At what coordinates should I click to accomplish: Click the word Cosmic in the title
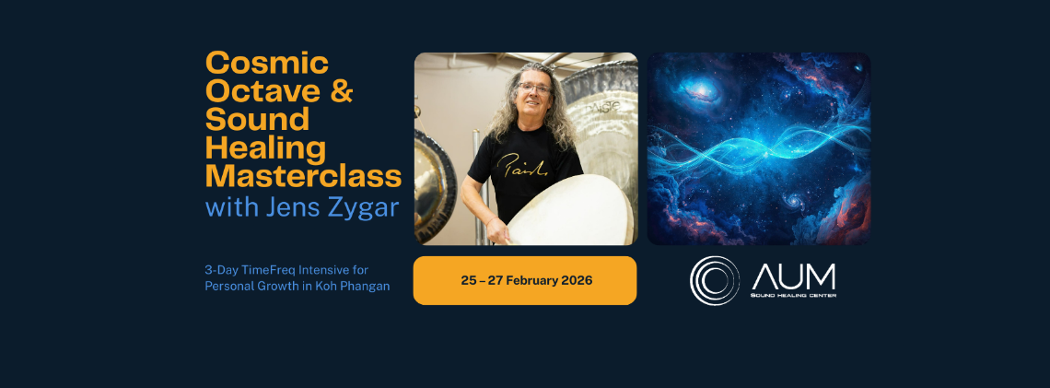pyautogui.click(x=267, y=63)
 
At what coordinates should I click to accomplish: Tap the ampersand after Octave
pyautogui.click(x=341, y=91)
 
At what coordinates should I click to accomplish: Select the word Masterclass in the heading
pyautogui.click(x=303, y=175)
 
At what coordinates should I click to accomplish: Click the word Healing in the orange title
pyautogui.click(x=266, y=148)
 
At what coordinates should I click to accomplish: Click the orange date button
pyautogui.click(x=525, y=280)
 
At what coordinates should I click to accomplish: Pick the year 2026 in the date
pyautogui.click(x=577, y=280)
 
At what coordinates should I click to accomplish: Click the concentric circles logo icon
pyautogui.click(x=715, y=281)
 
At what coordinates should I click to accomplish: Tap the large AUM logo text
pyautogui.click(x=794, y=276)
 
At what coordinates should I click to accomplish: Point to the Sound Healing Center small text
pyautogui.click(x=794, y=295)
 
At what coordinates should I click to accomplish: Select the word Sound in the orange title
pyautogui.click(x=258, y=119)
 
